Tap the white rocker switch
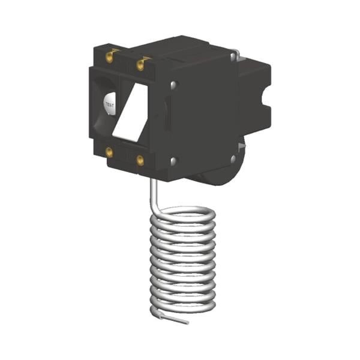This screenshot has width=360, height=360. pyautogui.click(x=130, y=112)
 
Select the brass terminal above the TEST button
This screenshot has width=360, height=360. pyautogui.click(x=110, y=57)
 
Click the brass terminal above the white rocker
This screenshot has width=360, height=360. pyautogui.click(x=140, y=64)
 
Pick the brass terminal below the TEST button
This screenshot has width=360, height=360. pyautogui.click(x=109, y=152)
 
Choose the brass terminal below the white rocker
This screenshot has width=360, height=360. pyautogui.click(x=140, y=160)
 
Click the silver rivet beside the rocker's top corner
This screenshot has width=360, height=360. pyautogui.click(x=174, y=85)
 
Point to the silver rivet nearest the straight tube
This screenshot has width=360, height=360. pyautogui.click(x=174, y=161)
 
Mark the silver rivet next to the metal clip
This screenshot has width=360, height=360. pyautogui.click(x=233, y=56)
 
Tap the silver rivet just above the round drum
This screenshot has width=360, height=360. pyautogui.click(x=233, y=158)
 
